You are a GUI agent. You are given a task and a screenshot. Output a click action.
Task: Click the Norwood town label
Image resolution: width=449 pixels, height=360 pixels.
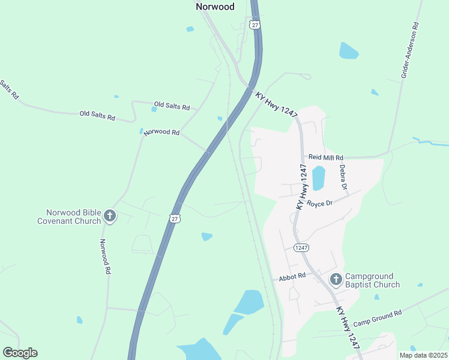(x=215, y=7)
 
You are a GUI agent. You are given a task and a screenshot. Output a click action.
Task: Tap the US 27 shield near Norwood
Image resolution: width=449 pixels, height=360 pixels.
(x=255, y=25)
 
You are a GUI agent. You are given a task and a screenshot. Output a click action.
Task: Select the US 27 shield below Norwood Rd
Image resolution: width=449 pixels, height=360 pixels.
(x=175, y=219)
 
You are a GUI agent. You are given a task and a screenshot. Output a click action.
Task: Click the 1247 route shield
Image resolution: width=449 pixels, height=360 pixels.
(x=301, y=247)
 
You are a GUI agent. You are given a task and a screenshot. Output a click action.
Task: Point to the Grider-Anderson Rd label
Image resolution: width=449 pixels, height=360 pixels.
(x=410, y=50)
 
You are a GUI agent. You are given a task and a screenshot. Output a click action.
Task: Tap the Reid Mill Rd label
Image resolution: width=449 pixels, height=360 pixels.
(x=325, y=157)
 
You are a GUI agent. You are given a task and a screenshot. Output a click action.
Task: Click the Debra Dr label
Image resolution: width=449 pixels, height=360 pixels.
(x=343, y=178)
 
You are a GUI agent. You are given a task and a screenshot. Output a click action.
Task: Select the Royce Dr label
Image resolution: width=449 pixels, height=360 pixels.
(x=319, y=203)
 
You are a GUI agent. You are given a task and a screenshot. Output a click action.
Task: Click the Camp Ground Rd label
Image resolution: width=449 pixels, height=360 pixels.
(x=377, y=319)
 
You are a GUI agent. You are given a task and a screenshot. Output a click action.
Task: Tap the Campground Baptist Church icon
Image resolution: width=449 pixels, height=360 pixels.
(x=336, y=279)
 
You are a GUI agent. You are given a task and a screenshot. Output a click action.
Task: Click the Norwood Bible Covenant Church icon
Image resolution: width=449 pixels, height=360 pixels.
(x=110, y=216)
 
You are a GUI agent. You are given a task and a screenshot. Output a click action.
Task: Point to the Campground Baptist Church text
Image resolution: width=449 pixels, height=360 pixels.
(x=372, y=280)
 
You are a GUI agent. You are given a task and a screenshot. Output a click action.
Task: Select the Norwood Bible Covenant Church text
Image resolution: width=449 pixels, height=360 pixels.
(x=74, y=217)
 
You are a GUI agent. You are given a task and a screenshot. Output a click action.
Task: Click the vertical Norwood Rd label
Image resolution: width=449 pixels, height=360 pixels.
(x=105, y=257)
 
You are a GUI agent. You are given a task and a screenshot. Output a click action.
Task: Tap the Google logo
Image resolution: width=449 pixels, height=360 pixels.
(x=20, y=353)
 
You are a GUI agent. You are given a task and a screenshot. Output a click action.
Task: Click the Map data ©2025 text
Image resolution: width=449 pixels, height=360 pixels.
(x=423, y=355)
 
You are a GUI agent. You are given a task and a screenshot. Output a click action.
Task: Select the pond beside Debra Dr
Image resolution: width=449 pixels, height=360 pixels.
(x=318, y=178)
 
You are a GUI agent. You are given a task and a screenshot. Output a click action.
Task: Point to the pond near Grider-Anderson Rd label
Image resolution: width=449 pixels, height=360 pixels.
(x=348, y=50)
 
